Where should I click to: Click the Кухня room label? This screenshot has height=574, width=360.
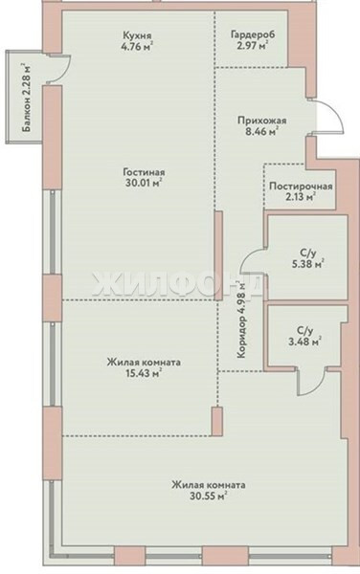pyautogui.click(x=137, y=36)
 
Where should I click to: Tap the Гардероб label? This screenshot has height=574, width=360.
pyautogui.click(x=253, y=34)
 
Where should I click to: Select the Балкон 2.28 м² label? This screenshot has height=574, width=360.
pyautogui.click(x=26, y=99)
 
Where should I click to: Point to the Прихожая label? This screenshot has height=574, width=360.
pyautogui.click(x=261, y=121)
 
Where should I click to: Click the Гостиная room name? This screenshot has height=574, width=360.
pyautogui.click(x=144, y=172)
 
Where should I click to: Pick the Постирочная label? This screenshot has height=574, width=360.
pyautogui.click(x=301, y=187)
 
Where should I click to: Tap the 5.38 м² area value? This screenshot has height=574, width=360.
pyautogui.click(x=308, y=264)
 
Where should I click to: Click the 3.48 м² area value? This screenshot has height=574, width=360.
pyautogui.click(x=304, y=342)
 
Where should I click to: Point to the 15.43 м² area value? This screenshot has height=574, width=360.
pyautogui.click(x=144, y=373)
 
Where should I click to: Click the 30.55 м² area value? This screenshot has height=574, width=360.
pyautogui.click(x=209, y=497)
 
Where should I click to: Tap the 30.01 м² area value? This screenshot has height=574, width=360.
pyautogui.click(x=144, y=183)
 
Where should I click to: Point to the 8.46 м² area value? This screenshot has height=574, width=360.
pyautogui.click(x=261, y=131)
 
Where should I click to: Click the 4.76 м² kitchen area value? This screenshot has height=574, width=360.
pyautogui.click(x=137, y=47)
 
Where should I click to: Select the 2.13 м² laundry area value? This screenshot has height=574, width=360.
pyautogui.click(x=301, y=197)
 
